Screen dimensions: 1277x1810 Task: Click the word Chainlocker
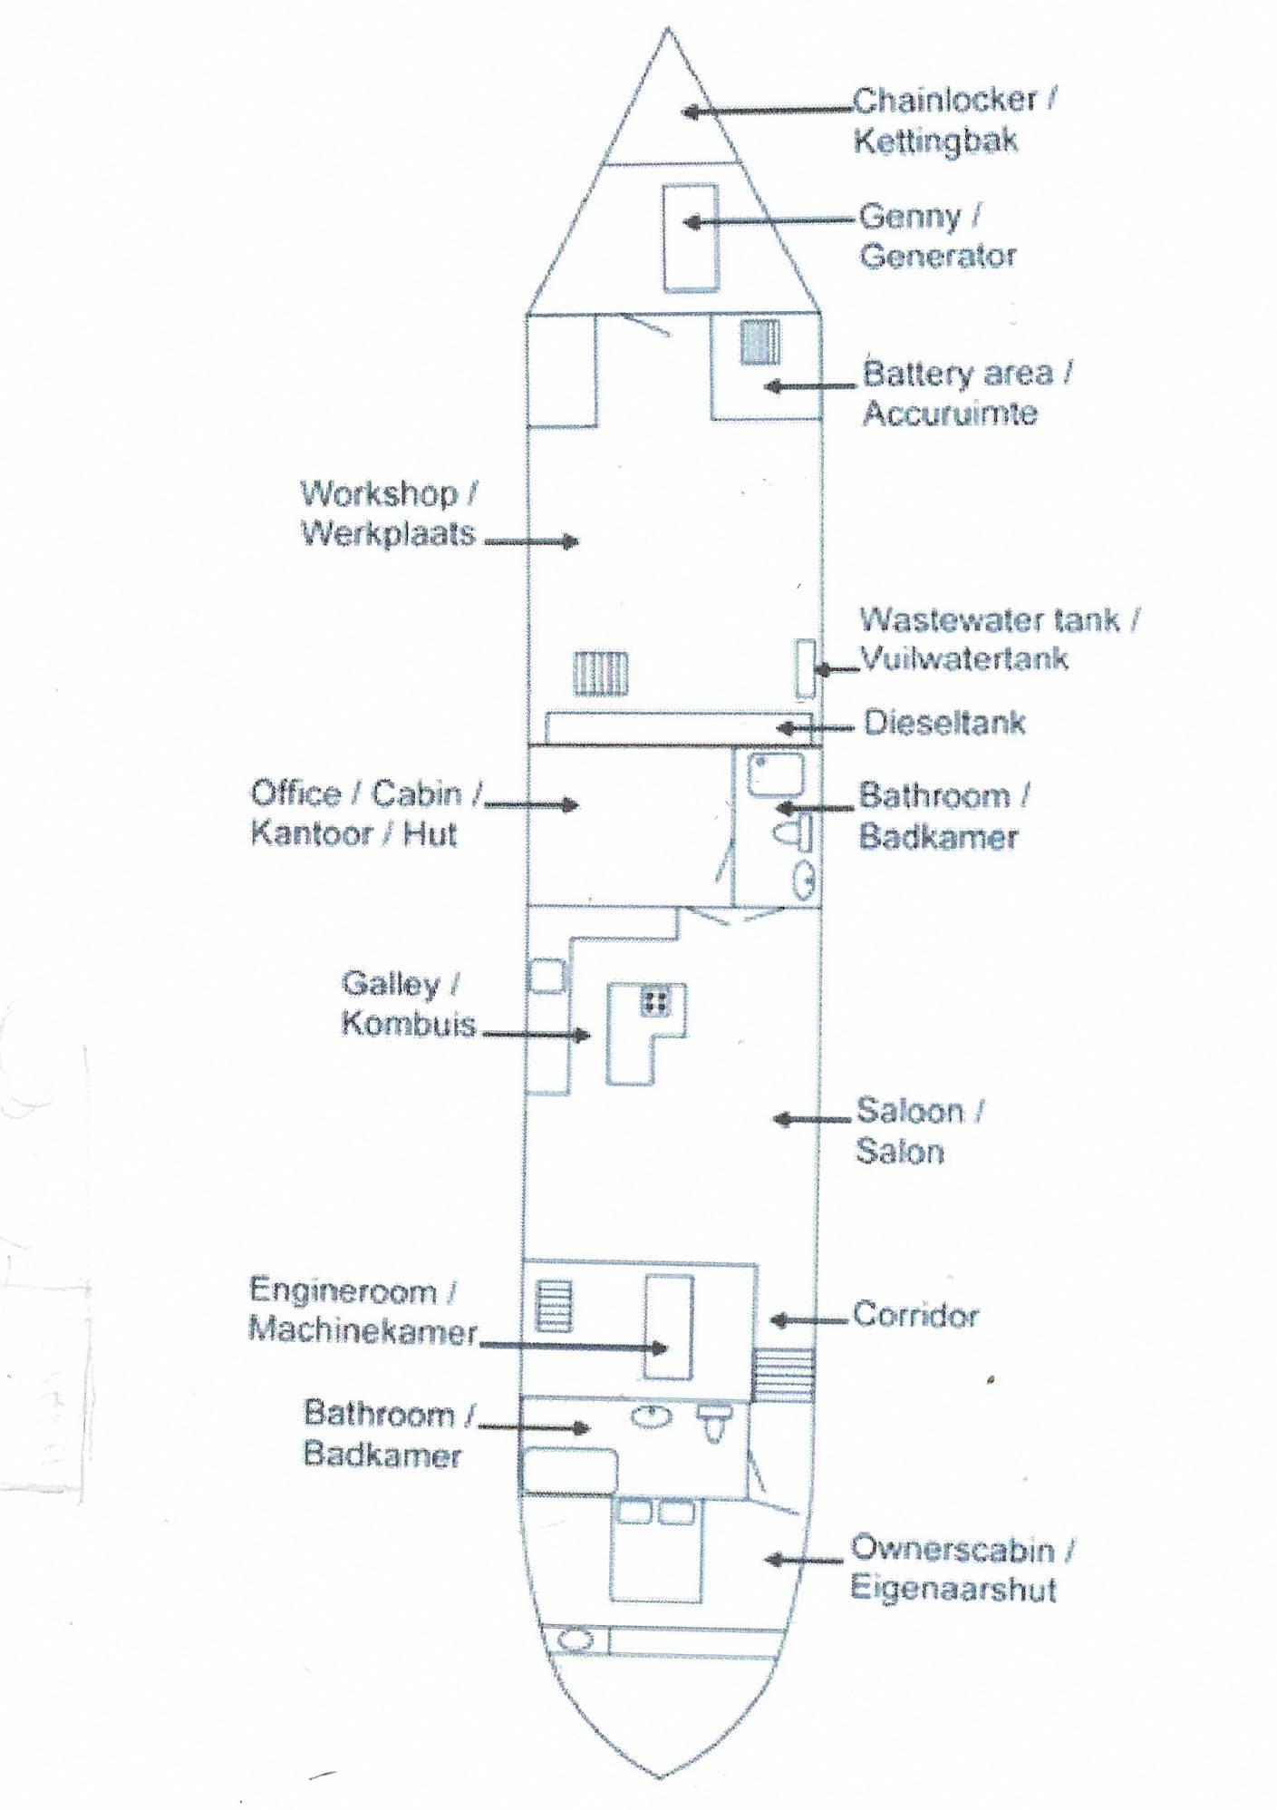(945, 100)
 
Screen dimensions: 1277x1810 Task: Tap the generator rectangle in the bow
(691, 237)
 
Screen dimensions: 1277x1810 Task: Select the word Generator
(938, 257)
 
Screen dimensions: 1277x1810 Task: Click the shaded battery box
(759, 343)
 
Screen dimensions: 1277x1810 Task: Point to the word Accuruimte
(950, 414)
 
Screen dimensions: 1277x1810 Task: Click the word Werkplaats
(388, 533)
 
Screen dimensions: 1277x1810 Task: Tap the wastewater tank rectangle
(805, 668)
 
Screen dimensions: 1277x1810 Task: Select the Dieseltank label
(944, 723)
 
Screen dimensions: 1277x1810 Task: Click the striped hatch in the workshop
(600, 675)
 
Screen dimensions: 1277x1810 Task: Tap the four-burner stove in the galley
(655, 1001)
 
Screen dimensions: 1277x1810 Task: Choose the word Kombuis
(409, 1025)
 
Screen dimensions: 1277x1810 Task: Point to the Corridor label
(916, 1316)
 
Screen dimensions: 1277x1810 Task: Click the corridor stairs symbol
(785, 1375)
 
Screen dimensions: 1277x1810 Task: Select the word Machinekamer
(363, 1331)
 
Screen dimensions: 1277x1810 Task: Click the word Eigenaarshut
(953, 1589)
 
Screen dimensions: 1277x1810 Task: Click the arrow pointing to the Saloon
(812, 1120)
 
